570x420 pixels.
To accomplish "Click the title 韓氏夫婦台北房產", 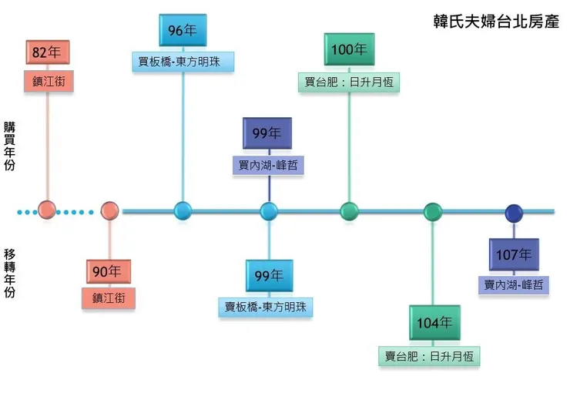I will tap(495, 21).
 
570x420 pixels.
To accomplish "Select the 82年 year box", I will tap(47, 53).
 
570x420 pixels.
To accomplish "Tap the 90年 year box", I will tap(108, 271).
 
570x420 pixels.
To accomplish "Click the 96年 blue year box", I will tap(183, 31).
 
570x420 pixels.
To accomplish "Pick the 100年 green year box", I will tap(349, 49).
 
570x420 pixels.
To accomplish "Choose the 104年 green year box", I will tap(434, 323).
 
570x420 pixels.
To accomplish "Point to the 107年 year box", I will tap(514, 254).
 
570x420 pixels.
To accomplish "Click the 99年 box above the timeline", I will tap(268, 134).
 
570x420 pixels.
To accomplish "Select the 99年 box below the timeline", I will tap(268, 276).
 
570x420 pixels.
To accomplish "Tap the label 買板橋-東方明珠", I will tap(183, 62).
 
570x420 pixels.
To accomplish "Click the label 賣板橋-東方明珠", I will tap(265, 307).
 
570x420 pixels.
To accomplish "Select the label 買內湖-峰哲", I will tap(268, 166).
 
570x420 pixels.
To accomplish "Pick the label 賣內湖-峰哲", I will tap(514, 285).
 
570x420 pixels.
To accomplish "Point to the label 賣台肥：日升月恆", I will tap(434, 356).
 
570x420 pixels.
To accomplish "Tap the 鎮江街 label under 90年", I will tap(108, 299).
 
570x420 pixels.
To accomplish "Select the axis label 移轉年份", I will tap(9, 273).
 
